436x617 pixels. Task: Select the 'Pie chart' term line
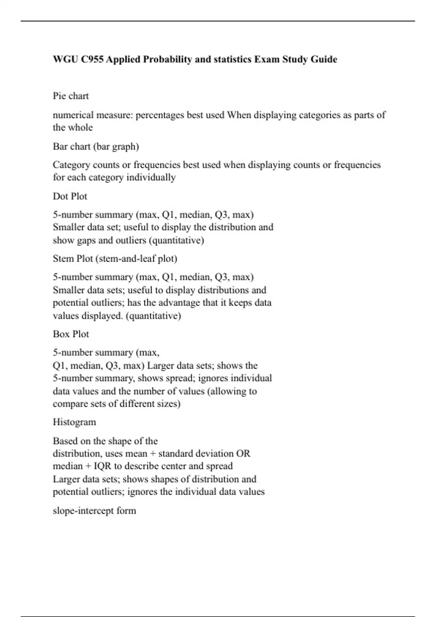click(71, 96)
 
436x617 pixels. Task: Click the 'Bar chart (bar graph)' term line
click(96, 146)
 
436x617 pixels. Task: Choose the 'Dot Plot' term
click(70, 196)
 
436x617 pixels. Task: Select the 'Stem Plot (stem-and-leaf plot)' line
click(115, 258)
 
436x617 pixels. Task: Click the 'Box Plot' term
click(71, 334)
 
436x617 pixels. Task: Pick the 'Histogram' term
click(74, 422)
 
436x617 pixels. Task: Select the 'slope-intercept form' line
click(94, 510)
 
